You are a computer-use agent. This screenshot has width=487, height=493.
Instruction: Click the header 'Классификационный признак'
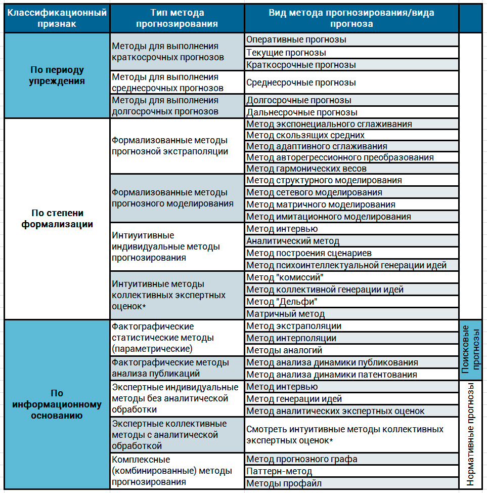coord(57,18)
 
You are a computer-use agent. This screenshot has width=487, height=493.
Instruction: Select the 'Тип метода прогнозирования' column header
coord(177,18)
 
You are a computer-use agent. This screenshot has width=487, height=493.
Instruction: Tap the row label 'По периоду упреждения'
coord(57,75)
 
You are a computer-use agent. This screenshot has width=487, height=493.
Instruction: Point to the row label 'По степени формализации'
coord(57,219)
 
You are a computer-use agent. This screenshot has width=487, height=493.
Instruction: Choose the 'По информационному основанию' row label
coord(57,404)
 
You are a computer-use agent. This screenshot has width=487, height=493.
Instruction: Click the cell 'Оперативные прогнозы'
coord(296,39)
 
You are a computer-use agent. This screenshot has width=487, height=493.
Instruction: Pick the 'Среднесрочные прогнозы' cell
coord(301,82)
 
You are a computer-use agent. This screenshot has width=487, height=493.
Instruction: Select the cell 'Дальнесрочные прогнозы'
coord(302,112)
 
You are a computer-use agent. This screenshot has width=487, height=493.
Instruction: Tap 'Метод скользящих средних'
coord(305,135)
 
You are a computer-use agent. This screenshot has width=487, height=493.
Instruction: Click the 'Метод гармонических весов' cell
coord(306,169)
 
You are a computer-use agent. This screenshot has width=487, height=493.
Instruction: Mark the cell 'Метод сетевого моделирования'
coord(314,192)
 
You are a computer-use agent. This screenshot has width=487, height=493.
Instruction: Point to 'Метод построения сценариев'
coord(309,253)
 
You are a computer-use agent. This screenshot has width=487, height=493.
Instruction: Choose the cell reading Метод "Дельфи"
coord(282,302)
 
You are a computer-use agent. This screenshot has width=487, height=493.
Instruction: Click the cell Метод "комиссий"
coord(285,277)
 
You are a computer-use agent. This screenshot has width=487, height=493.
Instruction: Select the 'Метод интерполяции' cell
coord(291,338)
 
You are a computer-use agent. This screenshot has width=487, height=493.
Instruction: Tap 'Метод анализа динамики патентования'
coord(332,375)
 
